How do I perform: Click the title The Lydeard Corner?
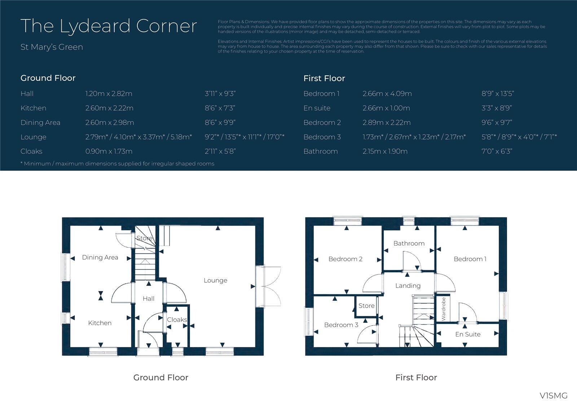(x=109, y=26)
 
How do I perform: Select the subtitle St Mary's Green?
(x=52, y=47)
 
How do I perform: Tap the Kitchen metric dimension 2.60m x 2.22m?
(x=109, y=108)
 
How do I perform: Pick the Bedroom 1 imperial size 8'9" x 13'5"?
(x=497, y=94)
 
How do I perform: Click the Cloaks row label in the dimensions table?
(x=31, y=151)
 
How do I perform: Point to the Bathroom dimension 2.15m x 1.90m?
(x=385, y=151)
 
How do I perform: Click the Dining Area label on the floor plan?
(x=100, y=257)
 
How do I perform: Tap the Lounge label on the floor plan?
(x=215, y=281)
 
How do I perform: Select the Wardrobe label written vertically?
(x=444, y=309)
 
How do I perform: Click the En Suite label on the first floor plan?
(x=468, y=334)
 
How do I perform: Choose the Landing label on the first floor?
(x=408, y=286)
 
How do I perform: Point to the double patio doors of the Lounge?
(x=271, y=287)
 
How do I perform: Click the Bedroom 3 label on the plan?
(x=341, y=325)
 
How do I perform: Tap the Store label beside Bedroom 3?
(x=366, y=306)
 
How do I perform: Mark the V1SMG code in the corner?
(x=553, y=395)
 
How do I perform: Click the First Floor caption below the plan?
(x=416, y=378)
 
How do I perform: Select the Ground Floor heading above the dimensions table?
(x=48, y=78)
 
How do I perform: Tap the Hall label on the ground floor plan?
(x=148, y=299)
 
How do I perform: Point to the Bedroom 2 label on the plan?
(x=345, y=259)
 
